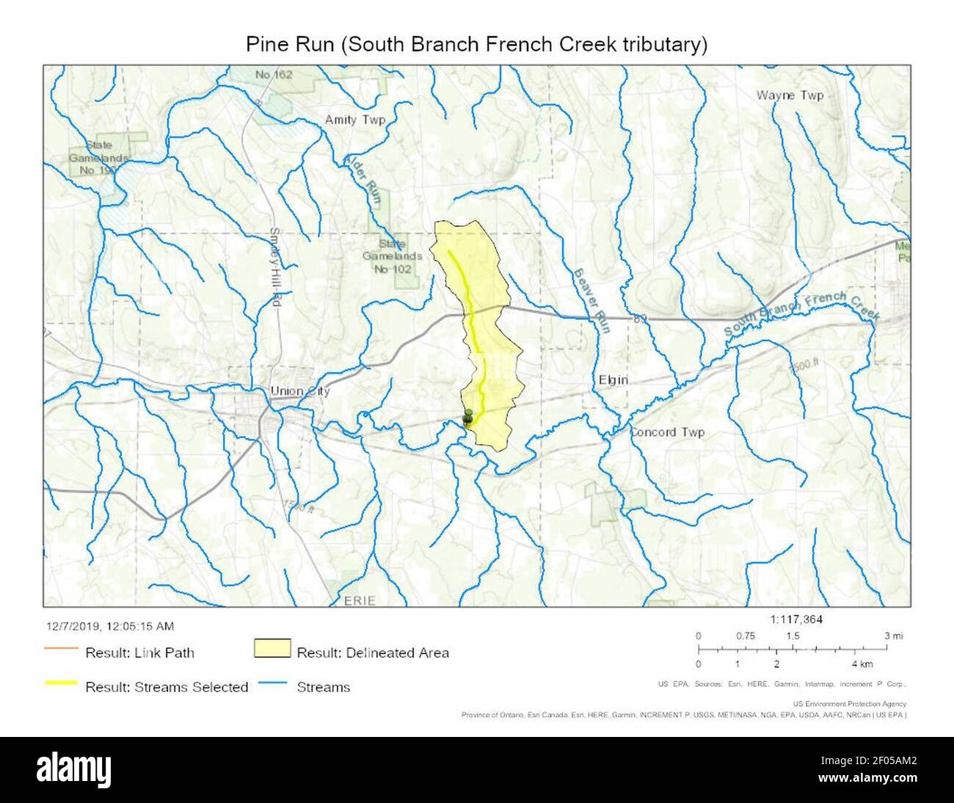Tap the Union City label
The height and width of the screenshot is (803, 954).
tap(300, 390)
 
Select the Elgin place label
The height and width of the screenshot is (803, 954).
tap(613, 379)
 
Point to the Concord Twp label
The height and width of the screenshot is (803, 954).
tap(667, 432)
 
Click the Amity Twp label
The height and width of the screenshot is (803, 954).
tap(355, 120)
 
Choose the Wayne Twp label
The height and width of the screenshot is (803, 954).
tap(790, 95)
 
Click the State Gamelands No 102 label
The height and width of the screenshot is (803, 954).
tap(393, 256)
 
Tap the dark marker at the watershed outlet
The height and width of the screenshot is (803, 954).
tap(467, 417)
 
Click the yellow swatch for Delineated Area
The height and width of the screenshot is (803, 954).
tap(272, 651)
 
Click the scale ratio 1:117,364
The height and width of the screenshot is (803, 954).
tap(796, 619)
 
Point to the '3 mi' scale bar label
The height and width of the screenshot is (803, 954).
tap(893, 636)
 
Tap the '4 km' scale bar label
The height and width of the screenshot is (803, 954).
tap(862, 664)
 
